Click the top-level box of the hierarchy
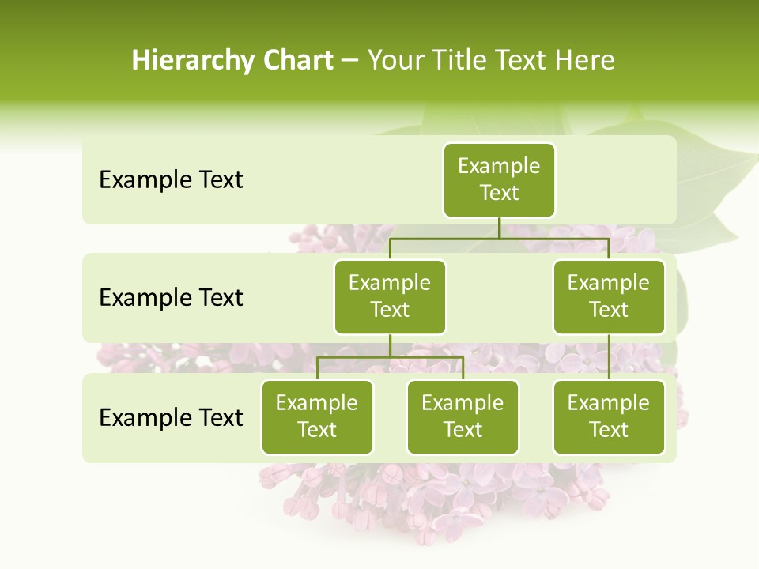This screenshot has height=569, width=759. (499, 180)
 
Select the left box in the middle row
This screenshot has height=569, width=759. (390, 297)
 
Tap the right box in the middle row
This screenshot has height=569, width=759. (609, 297)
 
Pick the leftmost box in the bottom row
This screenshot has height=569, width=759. (317, 417)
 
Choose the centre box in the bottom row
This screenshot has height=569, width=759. (463, 417)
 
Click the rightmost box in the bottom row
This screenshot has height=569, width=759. (609, 417)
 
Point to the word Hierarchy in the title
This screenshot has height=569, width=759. (193, 61)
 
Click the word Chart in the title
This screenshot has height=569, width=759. (297, 60)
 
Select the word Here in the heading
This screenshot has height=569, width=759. (585, 60)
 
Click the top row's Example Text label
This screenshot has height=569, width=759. (171, 180)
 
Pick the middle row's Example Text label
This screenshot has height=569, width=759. (171, 298)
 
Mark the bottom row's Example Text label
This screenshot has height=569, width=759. (171, 418)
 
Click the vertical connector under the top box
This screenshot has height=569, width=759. (499, 228)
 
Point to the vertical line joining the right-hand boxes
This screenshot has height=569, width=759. (609, 357)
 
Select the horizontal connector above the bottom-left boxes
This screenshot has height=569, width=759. (390, 357)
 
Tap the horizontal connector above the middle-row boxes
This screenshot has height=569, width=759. (499, 238)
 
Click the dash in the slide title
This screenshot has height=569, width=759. (350, 61)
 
